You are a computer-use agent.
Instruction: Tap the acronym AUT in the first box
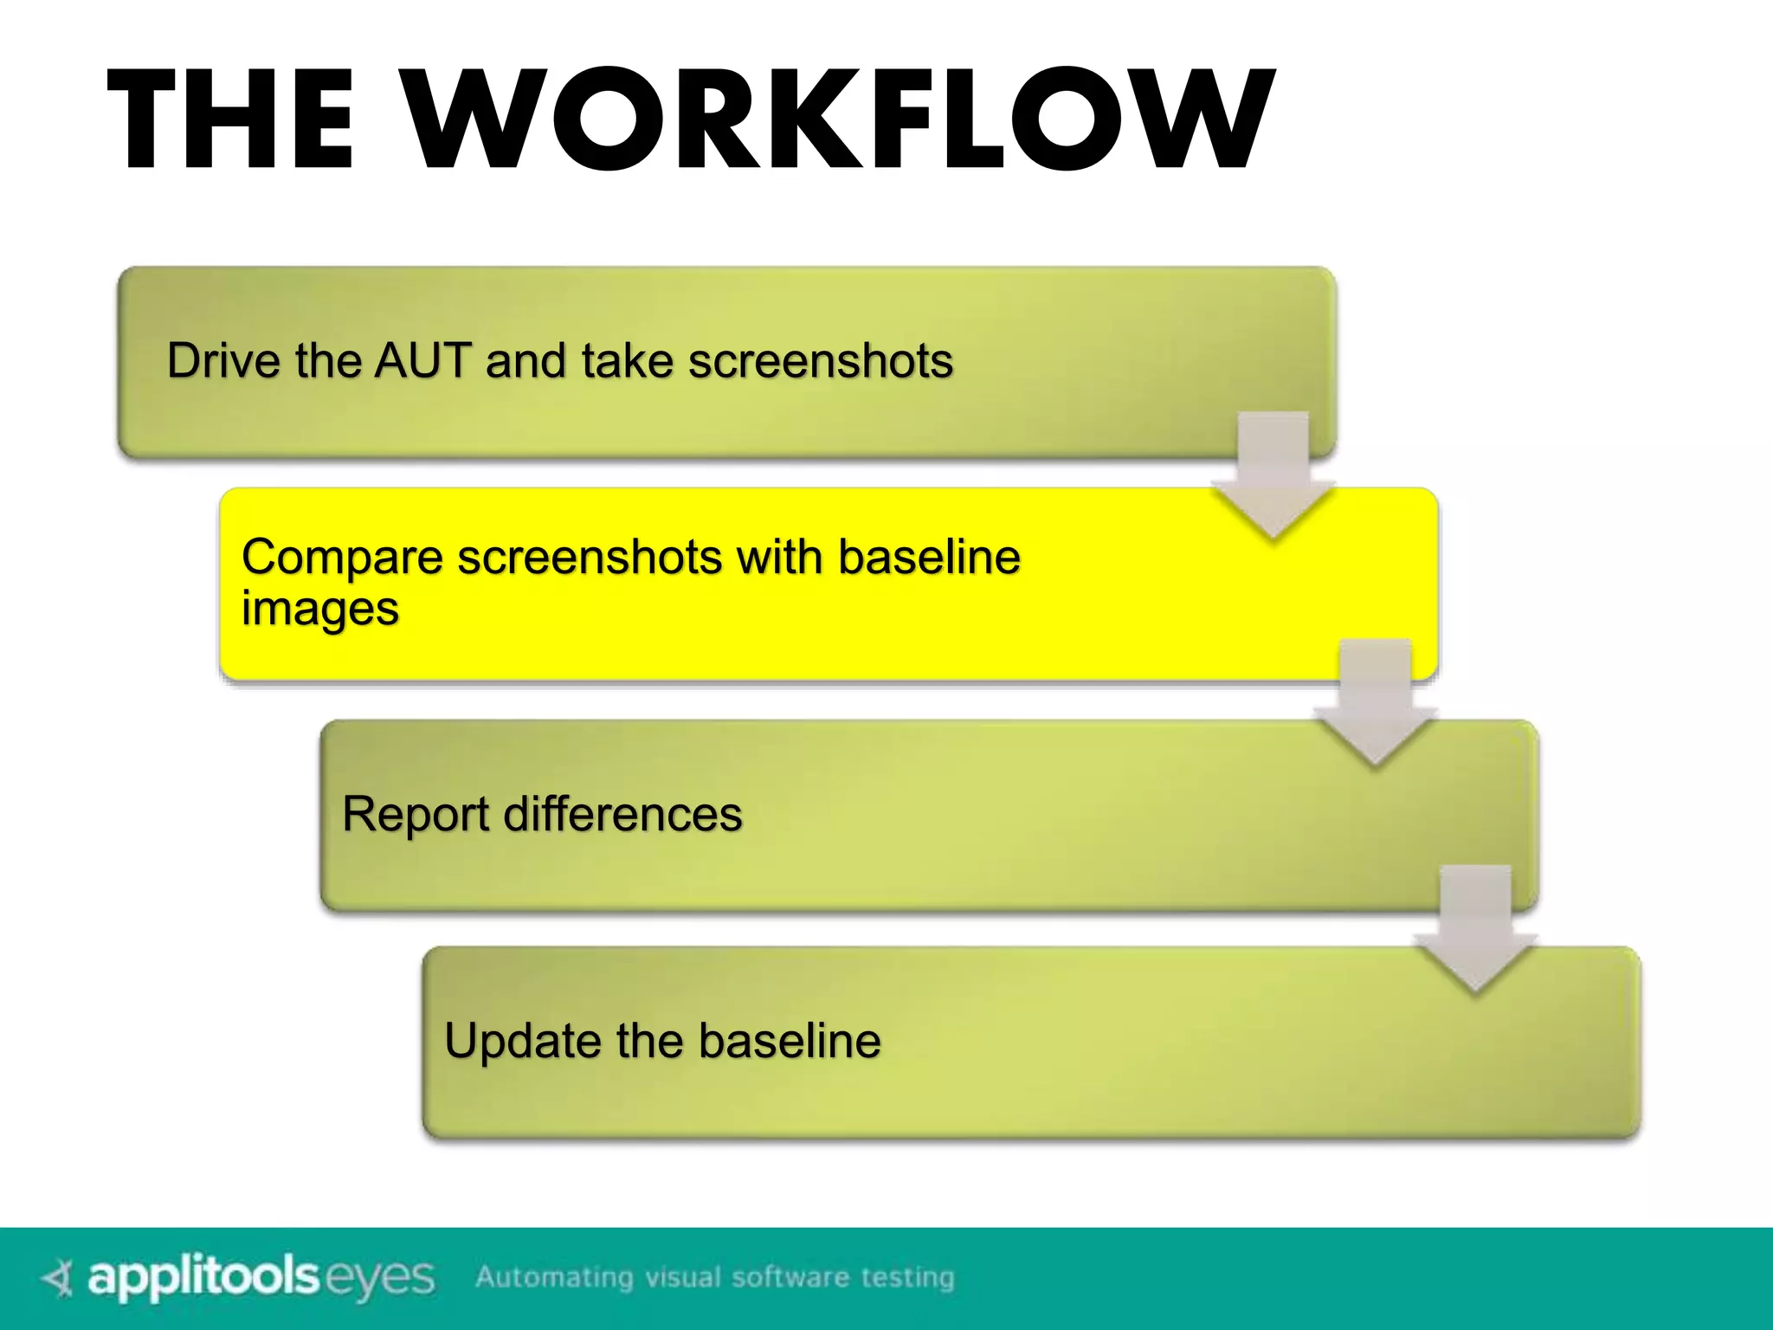(x=422, y=360)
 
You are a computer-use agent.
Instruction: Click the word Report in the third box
(x=416, y=815)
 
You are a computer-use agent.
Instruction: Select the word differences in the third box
(x=622, y=815)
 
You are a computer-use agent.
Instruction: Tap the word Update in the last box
(x=521, y=1041)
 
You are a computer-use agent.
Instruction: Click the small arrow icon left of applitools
(x=58, y=1278)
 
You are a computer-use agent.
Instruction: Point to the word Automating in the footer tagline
(x=554, y=1278)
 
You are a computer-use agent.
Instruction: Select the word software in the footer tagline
(x=790, y=1278)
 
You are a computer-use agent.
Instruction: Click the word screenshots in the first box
(x=820, y=360)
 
